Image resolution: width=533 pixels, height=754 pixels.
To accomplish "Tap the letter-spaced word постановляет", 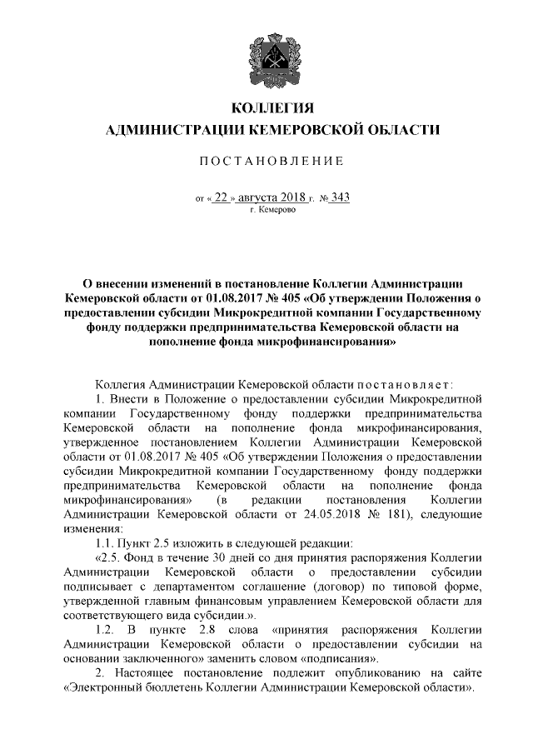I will click(x=405, y=385).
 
